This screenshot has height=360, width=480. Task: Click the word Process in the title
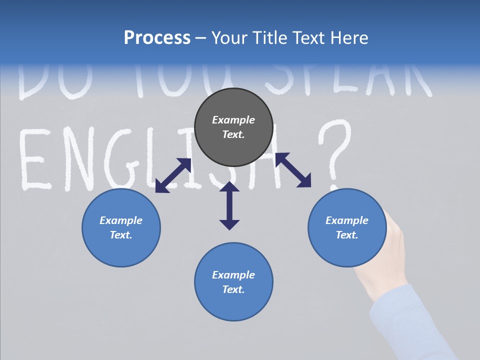click(x=157, y=38)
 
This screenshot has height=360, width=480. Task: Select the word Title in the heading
click(x=269, y=38)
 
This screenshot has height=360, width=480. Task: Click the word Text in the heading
click(x=308, y=38)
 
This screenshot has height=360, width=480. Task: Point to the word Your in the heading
click(x=229, y=38)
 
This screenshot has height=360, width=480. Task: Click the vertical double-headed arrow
click(x=229, y=205)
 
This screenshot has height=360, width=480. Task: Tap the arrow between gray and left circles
click(x=173, y=175)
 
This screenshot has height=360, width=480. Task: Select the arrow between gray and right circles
click(x=293, y=170)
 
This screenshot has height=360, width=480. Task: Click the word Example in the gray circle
click(x=233, y=120)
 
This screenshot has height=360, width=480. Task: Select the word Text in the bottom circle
click(x=233, y=289)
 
